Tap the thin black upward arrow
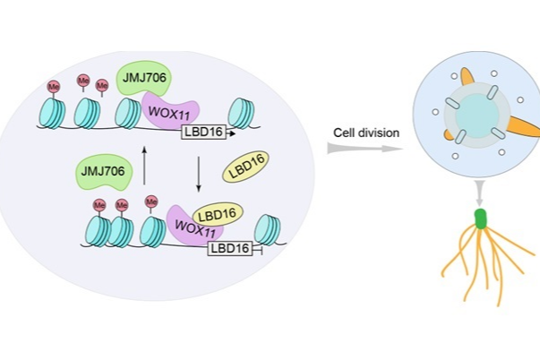click(x=144, y=167)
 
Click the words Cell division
click(x=366, y=133)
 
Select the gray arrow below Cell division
click(x=362, y=149)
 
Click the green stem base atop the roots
click(x=481, y=219)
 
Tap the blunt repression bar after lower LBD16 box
click(x=258, y=250)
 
